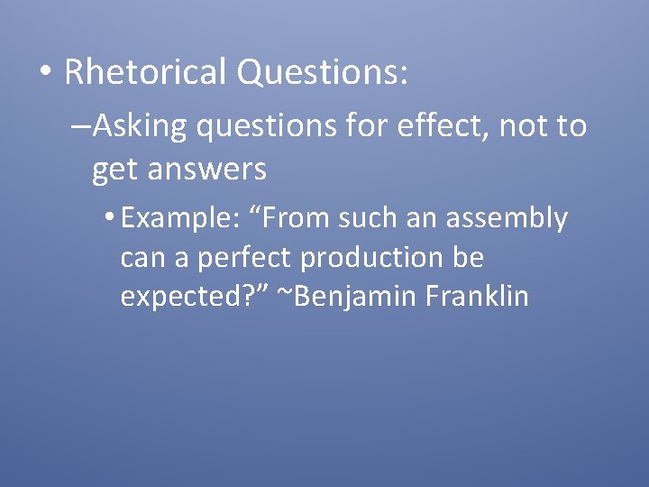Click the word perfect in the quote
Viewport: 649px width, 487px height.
pos(245,258)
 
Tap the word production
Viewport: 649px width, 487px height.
pos(372,258)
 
